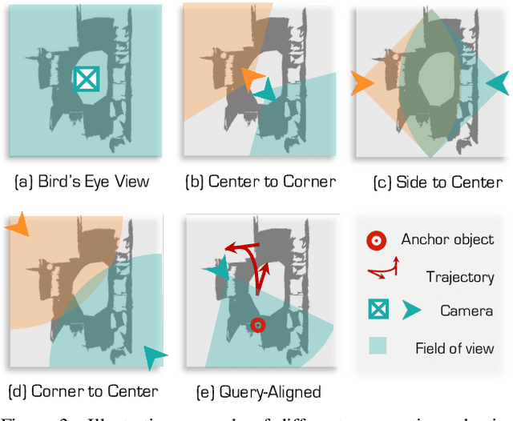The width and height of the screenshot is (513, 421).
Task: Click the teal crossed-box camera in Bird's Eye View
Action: [x=85, y=78]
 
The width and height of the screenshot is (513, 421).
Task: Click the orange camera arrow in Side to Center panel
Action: [x=362, y=82]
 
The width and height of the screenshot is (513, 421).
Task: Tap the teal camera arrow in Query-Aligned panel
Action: [x=216, y=271]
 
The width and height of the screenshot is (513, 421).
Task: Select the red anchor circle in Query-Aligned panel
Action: [x=257, y=325]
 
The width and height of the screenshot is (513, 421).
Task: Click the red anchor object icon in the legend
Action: [x=375, y=240]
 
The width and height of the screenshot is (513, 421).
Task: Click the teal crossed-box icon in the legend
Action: [x=375, y=310]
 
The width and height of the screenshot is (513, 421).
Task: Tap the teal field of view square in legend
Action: [x=375, y=347]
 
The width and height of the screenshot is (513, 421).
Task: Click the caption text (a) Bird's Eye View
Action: [x=82, y=182]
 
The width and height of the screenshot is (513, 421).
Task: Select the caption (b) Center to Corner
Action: [x=261, y=182]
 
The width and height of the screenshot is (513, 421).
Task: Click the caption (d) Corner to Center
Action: [x=83, y=391]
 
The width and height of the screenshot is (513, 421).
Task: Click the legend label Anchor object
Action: [x=447, y=239]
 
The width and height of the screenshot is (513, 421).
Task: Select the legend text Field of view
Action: [x=454, y=347]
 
